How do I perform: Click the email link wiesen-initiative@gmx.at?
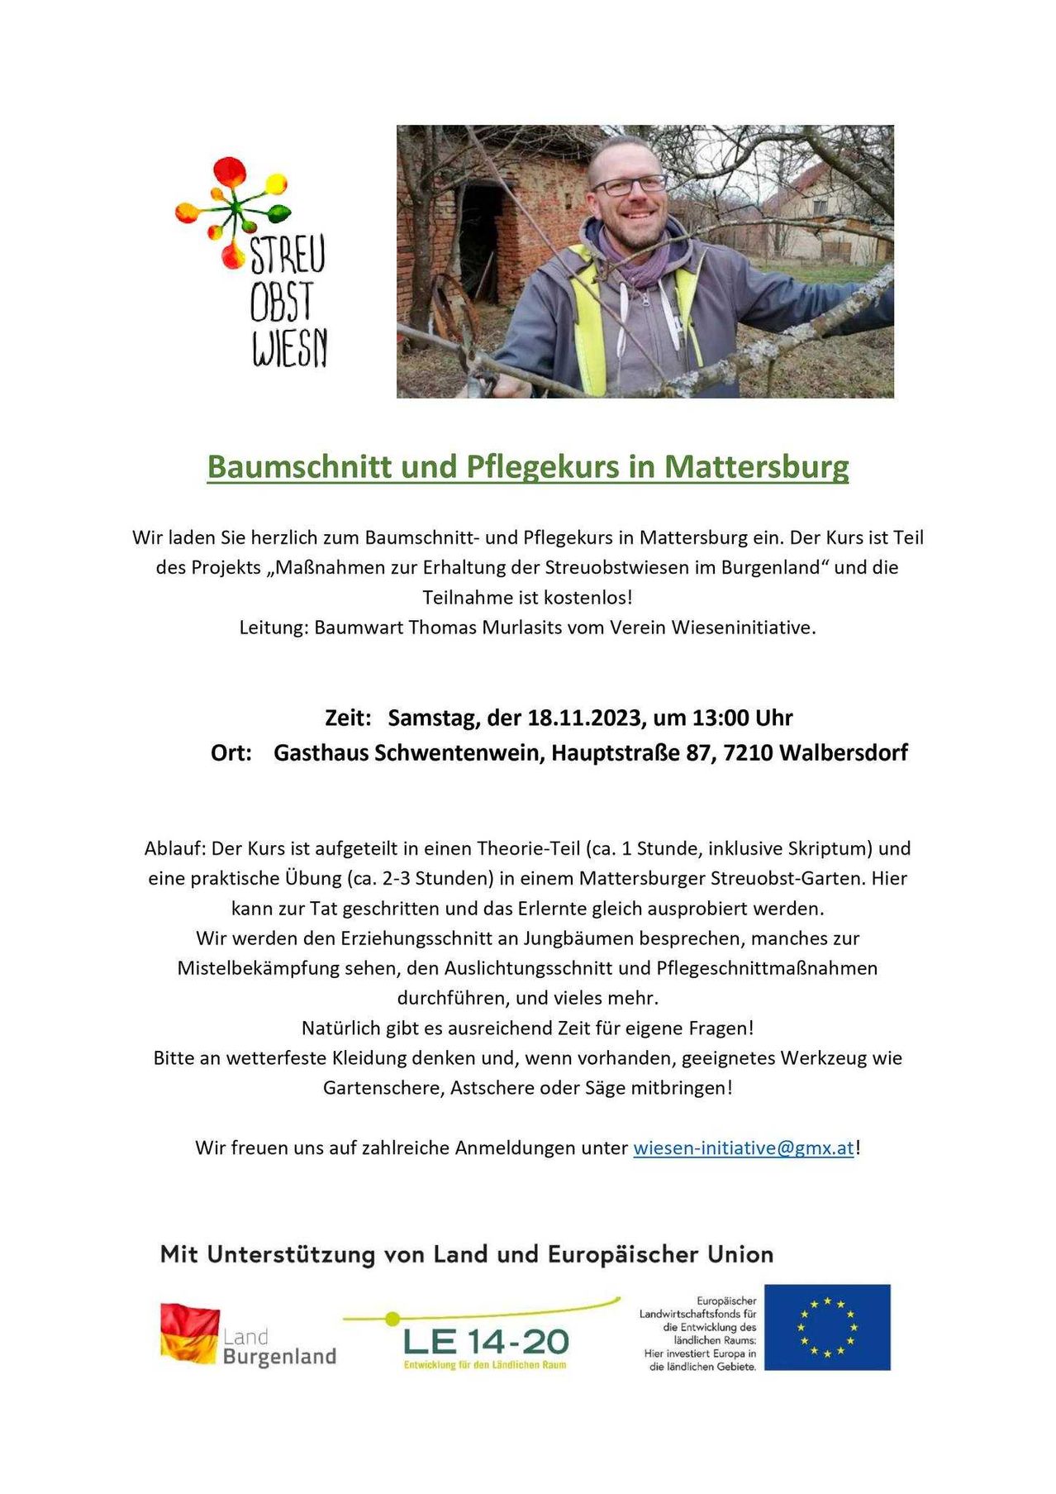click(x=743, y=1148)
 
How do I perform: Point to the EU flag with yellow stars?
click(x=827, y=1327)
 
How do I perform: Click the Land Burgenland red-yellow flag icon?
click(x=189, y=1333)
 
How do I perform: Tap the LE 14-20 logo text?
click(x=486, y=1341)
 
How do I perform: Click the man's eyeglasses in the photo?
click(x=630, y=184)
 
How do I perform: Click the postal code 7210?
click(x=747, y=753)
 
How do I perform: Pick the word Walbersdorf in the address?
click(x=843, y=753)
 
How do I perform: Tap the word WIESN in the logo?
click(x=290, y=348)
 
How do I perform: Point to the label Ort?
click(x=231, y=753)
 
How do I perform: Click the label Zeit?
click(x=348, y=718)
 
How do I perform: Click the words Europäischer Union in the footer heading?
click(x=660, y=1254)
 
